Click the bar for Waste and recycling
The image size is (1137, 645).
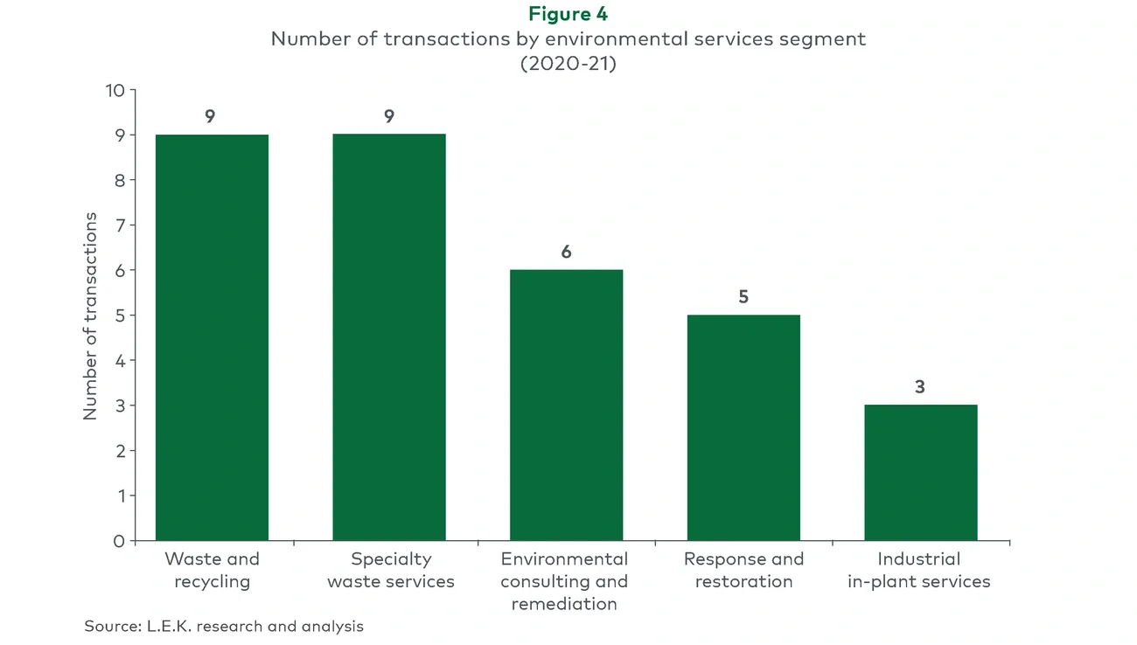coord(212,337)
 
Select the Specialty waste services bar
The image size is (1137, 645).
coord(389,337)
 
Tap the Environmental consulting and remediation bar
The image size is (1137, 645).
coord(566,405)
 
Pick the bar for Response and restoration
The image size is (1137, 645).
coord(743,427)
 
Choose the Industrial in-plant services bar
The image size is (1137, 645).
coord(920,472)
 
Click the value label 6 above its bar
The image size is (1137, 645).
coord(566,253)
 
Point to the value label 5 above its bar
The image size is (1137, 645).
coord(743,297)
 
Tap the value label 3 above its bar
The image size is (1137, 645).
coord(920,387)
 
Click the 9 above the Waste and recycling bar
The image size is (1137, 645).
coord(211,117)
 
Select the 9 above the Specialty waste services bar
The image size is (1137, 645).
coord(389,117)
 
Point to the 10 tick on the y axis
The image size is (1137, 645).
coord(115,90)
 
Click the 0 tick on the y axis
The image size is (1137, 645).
coord(119,541)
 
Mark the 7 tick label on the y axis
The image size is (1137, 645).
coord(119,225)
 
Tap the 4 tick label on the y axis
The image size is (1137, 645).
coord(119,361)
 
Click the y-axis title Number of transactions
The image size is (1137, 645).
coord(91,316)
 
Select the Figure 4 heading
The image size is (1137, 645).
coord(568,14)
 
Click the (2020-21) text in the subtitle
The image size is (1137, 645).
coord(568,64)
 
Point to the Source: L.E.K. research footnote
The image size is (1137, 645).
coord(224,626)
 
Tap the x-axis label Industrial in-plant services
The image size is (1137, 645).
coord(919,570)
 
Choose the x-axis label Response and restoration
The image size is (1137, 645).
coord(743,570)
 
